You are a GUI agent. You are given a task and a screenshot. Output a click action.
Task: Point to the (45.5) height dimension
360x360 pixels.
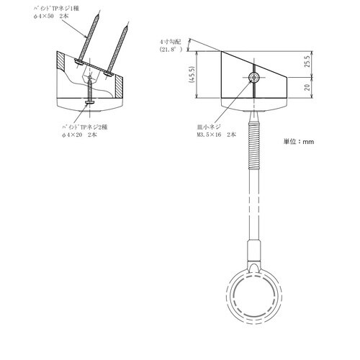(191, 75)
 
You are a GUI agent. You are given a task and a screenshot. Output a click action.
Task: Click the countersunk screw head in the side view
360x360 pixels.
(253, 76)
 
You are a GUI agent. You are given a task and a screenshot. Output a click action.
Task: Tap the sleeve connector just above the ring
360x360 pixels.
(253, 251)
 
